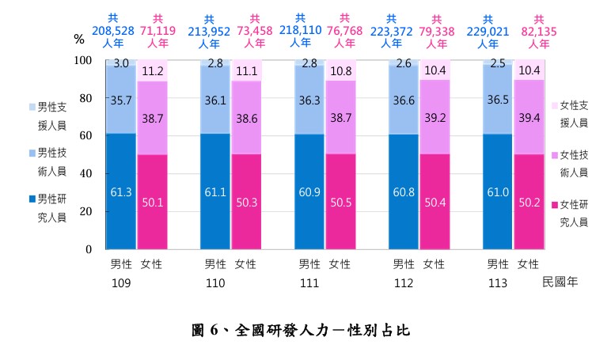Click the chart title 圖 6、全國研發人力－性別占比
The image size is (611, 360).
[x=301, y=331]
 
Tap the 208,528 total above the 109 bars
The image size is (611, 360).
[x=113, y=31]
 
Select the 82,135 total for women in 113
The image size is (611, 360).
[x=539, y=32]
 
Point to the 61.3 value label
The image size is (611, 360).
[x=121, y=192]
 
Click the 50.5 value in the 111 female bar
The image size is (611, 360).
[x=341, y=203]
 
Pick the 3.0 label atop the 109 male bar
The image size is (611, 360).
[x=121, y=63]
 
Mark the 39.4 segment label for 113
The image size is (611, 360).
[x=529, y=118]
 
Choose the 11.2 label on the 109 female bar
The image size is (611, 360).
[x=153, y=71]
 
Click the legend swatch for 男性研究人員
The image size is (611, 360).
[x=32, y=199]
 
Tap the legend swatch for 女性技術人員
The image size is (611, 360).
[x=555, y=155]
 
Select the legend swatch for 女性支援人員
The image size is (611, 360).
[x=555, y=105]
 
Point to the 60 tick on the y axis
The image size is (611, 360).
[x=85, y=135]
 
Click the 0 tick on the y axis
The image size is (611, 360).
[x=89, y=249]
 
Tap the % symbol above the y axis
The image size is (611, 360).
[x=79, y=39]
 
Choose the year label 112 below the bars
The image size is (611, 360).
[x=404, y=283]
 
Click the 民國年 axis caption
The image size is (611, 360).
[x=560, y=282]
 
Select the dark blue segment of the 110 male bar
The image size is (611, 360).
[x=215, y=191]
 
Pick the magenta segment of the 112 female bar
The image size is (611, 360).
[x=435, y=202]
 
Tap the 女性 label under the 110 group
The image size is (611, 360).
[x=245, y=264]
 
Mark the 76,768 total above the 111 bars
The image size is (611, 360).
[x=344, y=31]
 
